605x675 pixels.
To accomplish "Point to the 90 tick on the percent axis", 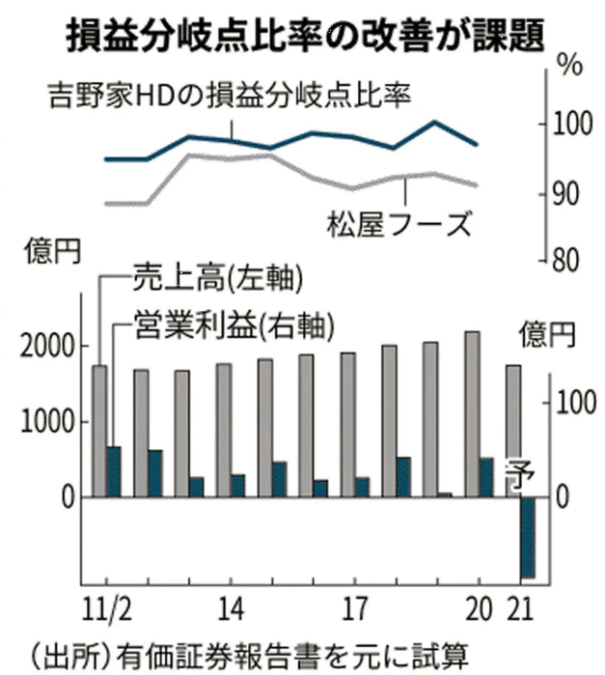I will click(x=570, y=193).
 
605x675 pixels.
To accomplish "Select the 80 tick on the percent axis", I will click(x=570, y=260).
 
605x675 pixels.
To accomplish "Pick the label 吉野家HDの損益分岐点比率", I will click(x=230, y=95).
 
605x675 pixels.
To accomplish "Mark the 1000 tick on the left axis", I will click(x=46, y=422).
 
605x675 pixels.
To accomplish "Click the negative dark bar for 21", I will click(x=527, y=537).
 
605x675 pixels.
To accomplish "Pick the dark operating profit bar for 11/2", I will click(x=114, y=471).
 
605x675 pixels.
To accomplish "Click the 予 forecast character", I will click(x=527, y=478).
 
